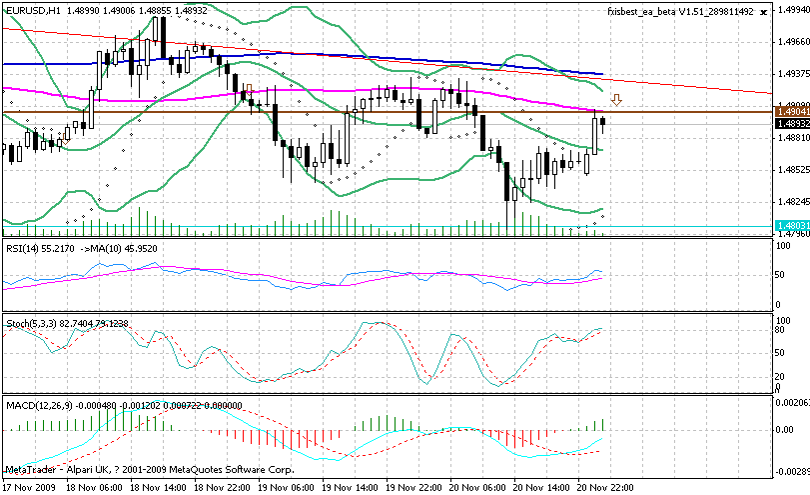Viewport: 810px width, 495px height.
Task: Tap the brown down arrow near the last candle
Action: click(x=616, y=100)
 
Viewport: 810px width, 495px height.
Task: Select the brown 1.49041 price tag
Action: click(x=791, y=113)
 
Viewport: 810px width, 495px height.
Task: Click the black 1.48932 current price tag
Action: click(x=791, y=123)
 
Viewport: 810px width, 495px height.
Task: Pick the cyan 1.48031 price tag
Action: click(x=791, y=227)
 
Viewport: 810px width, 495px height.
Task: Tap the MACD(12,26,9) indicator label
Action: click(x=36, y=403)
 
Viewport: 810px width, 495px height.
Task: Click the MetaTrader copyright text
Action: click(x=150, y=468)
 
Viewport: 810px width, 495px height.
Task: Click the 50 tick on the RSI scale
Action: click(x=782, y=274)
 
